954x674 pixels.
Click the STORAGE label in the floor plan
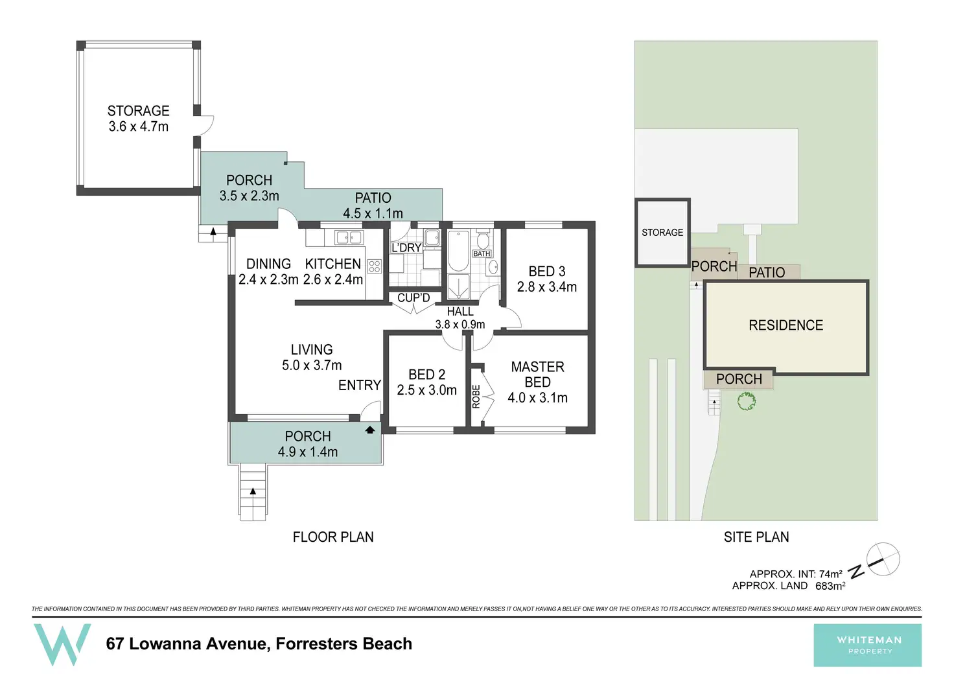139,111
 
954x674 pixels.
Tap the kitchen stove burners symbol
375,266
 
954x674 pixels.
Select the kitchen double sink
349,237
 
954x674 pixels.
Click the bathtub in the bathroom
458,250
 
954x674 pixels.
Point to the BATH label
482,254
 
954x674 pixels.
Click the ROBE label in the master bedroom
476,397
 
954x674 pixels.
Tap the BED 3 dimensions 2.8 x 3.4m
547,287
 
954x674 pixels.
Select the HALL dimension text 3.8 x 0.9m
460,325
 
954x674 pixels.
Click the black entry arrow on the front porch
369,430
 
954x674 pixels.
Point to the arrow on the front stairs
253,491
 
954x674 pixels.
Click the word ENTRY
360,385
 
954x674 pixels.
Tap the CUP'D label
413,297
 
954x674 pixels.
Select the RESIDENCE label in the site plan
785,325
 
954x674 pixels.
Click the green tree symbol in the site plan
747,401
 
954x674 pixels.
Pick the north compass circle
883,559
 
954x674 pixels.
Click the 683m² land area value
830,586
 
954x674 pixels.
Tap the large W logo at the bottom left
62,644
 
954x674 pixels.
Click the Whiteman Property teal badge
868,645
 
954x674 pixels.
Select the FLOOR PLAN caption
333,537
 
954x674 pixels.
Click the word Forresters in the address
316,644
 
